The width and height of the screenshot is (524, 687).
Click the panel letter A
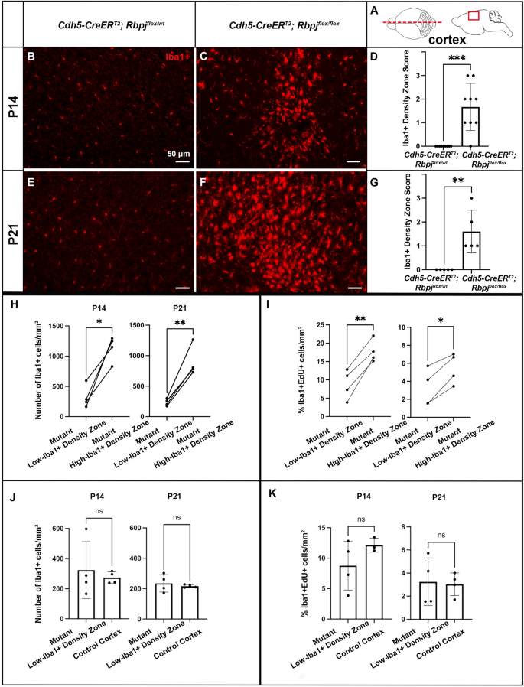click(374, 10)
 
